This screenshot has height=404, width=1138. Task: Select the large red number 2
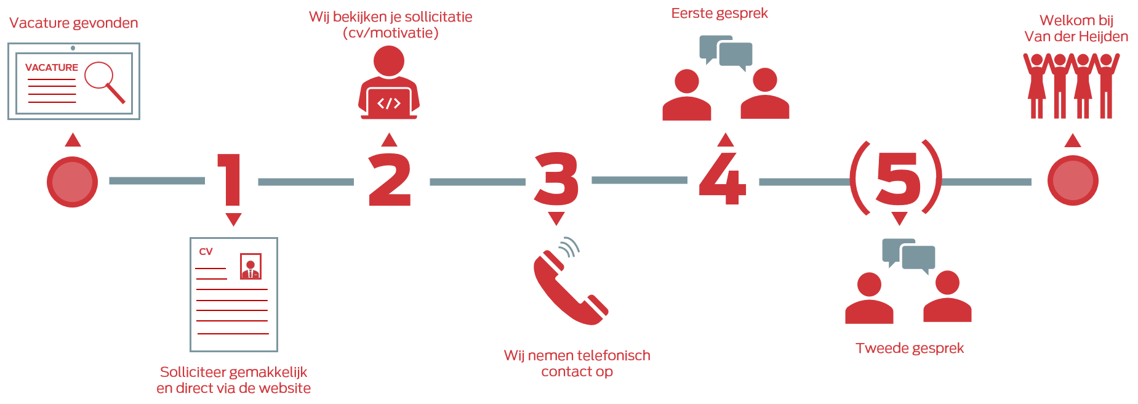tap(389, 180)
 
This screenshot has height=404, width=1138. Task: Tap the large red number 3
tap(556, 180)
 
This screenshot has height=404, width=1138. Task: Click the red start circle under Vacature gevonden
tap(73, 182)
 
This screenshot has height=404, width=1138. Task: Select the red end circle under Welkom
tap(1073, 180)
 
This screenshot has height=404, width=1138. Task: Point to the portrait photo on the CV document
tap(250, 266)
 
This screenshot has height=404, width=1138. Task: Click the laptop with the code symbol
tap(389, 103)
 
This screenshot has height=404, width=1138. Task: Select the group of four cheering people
tap(1072, 86)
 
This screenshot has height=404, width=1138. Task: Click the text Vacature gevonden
tap(74, 23)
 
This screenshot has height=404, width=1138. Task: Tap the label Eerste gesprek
tap(719, 14)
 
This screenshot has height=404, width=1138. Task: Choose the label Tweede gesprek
tap(910, 349)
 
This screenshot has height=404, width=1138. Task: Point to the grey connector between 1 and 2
tap(306, 182)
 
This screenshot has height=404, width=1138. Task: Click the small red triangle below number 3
tap(556, 219)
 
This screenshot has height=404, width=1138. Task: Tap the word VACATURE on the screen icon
tap(52, 67)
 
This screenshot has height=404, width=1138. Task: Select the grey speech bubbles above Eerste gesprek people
tap(726, 52)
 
